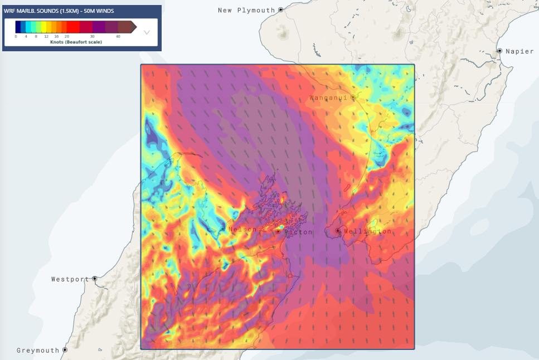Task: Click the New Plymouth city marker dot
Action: (281, 10)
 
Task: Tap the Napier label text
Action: (519, 51)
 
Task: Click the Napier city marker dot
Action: (499, 51)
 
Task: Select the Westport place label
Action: (70, 279)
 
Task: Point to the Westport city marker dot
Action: (95, 279)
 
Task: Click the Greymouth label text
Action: (38, 351)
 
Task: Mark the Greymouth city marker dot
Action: (65, 350)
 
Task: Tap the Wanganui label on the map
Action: (328, 98)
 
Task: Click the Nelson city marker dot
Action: (222, 229)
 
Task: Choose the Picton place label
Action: (299, 232)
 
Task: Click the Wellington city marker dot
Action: (338, 231)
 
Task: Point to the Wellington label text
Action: (367, 231)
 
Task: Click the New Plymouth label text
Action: (246, 10)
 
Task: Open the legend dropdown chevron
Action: (147, 32)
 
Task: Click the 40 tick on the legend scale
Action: (118, 36)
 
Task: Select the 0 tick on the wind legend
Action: (16, 36)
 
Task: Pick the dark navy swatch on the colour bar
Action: (18, 27)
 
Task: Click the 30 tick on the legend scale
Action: (92, 36)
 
